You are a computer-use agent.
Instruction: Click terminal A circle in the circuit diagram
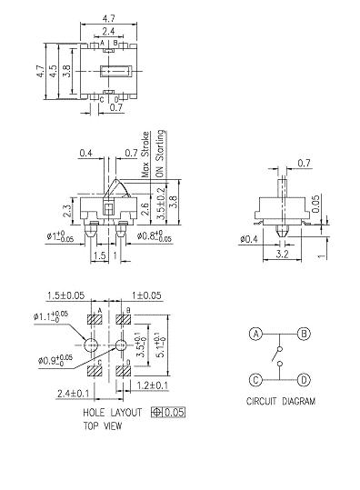click(256, 334)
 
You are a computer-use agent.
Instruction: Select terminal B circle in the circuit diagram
click(305, 334)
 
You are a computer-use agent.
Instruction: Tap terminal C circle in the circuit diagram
click(256, 379)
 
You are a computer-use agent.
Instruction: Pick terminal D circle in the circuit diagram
click(305, 379)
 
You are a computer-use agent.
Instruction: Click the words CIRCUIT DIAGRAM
click(280, 401)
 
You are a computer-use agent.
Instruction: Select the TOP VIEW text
click(102, 425)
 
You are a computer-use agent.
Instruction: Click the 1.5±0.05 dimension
click(65, 296)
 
